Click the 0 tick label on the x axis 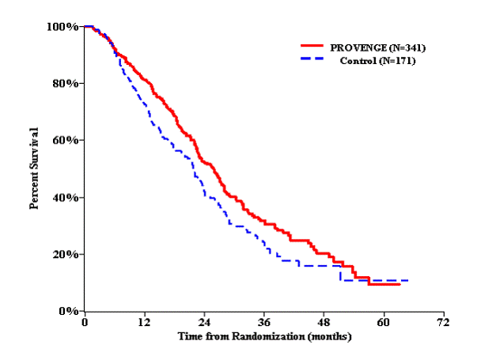(x=85, y=324)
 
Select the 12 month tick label (x=144, y=324)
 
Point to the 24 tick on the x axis (x=204, y=324)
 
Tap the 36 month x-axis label (x=264, y=324)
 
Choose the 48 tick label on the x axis (x=324, y=324)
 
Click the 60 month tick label (x=384, y=324)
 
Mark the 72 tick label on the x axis (x=444, y=324)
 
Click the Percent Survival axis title (x=35, y=169)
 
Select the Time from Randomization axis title (x=263, y=337)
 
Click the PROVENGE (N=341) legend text (x=372, y=49)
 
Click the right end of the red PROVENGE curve (x=399, y=283)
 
